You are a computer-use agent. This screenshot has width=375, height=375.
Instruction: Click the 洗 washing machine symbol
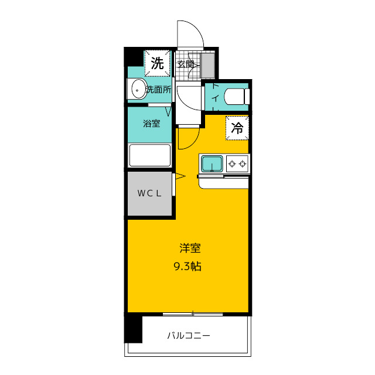point(157,63)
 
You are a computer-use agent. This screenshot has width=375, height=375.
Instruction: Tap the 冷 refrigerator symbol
point(237,128)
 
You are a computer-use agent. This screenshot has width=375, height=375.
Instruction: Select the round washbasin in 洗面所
point(138,90)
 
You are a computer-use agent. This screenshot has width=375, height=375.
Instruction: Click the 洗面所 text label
point(158,90)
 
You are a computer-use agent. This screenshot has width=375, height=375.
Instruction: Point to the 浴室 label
point(152,124)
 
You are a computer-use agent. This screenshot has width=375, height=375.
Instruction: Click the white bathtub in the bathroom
point(150,156)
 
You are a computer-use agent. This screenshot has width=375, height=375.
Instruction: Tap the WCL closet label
point(149,193)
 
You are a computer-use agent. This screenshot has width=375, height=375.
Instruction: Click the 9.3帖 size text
point(187,266)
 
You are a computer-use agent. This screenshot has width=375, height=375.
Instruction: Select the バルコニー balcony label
point(189,336)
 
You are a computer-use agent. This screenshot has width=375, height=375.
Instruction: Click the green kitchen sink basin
point(212,163)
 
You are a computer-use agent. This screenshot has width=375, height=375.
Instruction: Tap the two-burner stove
point(238,163)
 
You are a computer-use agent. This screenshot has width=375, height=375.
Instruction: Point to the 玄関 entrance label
point(186,64)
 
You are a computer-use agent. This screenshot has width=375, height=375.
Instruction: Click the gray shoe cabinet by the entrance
point(209,64)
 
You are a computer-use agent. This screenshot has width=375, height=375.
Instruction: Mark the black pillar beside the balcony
point(134,329)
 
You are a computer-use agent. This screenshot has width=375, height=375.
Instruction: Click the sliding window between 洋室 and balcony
point(192,314)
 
